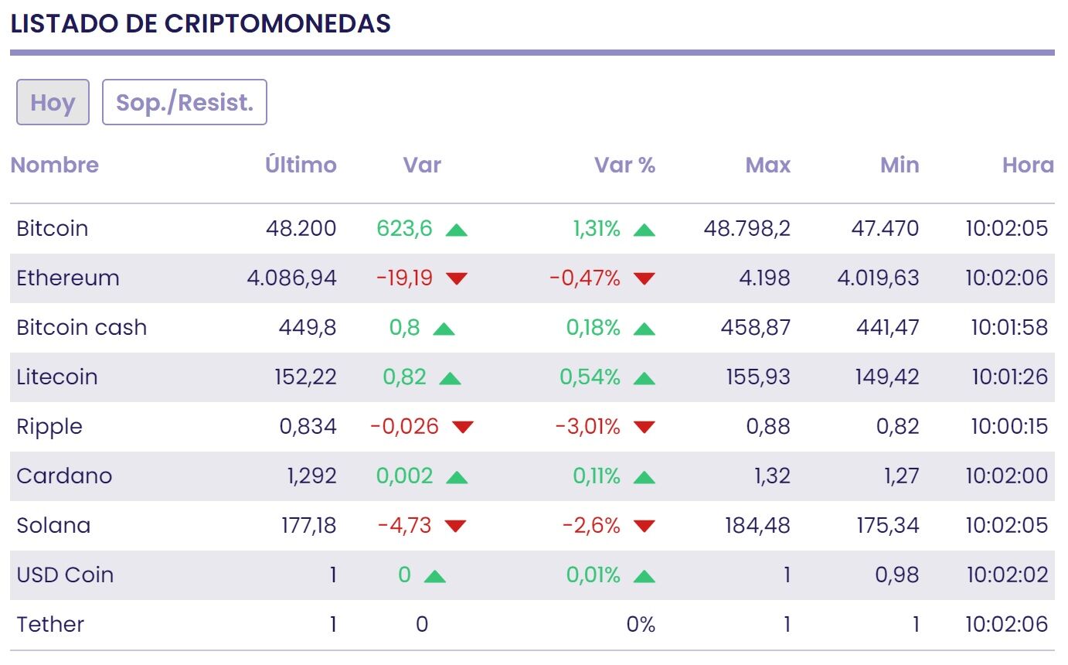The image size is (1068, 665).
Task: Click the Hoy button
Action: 53,102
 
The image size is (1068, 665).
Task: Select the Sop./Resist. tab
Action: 185,102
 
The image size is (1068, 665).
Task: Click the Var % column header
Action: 624,165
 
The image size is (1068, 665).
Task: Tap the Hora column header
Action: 1028,165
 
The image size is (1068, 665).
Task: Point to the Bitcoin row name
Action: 53,229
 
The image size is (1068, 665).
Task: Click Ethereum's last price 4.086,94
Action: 292,278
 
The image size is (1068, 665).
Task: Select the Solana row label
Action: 53,526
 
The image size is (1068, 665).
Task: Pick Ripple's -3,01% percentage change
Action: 587,427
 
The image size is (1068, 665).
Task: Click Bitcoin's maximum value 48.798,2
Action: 747,229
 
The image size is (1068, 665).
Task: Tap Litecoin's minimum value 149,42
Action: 888,377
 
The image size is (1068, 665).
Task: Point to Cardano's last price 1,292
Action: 311,476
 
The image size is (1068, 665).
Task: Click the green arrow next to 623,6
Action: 457,230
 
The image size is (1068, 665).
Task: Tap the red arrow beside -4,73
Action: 456,527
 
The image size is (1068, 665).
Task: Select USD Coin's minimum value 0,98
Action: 898,575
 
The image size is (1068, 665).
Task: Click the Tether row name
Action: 50,625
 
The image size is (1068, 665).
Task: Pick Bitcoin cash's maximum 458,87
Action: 756,328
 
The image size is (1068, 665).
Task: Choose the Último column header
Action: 301,165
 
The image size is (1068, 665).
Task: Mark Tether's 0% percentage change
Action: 641,625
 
